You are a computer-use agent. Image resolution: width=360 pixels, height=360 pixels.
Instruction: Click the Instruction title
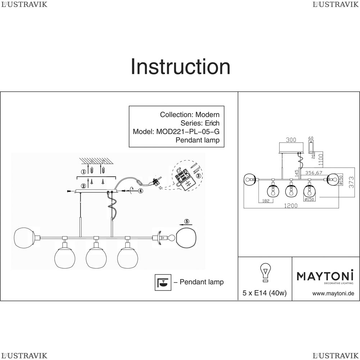pos(180,67)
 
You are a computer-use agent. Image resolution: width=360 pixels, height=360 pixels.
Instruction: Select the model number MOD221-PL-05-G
pos(188,131)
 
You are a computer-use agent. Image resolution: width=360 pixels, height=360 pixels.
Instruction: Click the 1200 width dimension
pos(291,206)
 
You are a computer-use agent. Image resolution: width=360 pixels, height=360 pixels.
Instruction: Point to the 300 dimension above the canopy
pos(292,139)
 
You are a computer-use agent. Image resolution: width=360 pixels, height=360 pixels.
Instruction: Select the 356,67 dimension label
pos(314,173)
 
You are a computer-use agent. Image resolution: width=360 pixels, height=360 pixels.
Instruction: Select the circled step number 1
pos(84,172)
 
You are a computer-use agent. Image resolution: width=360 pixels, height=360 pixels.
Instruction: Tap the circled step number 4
pos(140,191)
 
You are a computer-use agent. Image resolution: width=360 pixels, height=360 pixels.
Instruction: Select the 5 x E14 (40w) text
pos(265,293)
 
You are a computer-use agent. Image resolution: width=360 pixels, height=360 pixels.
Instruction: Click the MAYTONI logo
pos(325,276)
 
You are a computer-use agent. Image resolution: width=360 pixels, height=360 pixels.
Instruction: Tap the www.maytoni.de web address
pos(333,293)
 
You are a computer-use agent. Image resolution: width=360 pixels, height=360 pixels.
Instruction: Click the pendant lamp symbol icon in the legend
pos(161,282)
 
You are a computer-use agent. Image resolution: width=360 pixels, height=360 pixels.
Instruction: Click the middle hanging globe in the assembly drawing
pos(95,258)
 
